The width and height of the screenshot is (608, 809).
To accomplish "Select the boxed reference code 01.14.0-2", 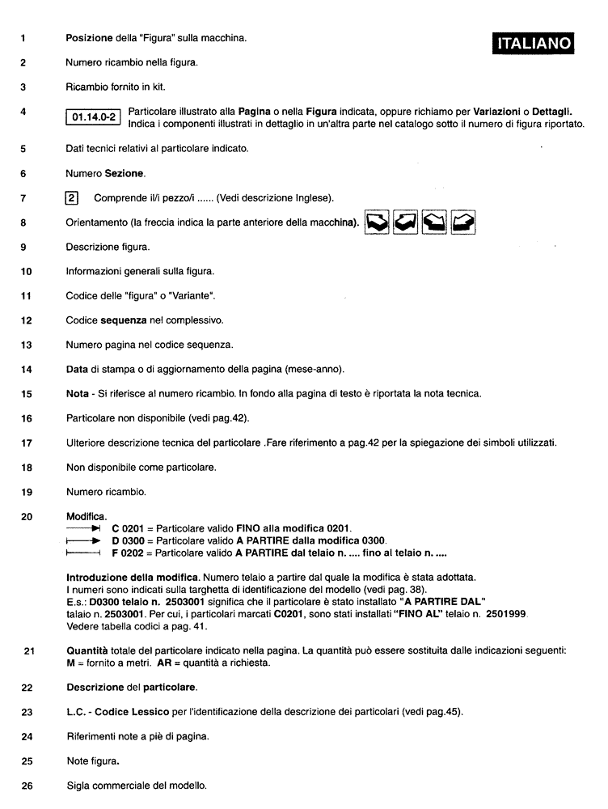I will click(x=94, y=117).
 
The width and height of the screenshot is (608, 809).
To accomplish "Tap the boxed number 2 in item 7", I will click(x=71, y=197).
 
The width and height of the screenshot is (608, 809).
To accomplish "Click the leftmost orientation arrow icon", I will click(x=378, y=221).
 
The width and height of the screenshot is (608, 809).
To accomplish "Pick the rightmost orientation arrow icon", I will click(x=462, y=221).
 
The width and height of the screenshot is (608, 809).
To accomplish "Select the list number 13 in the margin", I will click(x=26, y=345).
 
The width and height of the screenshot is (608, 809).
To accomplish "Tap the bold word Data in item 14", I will click(x=77, y=370).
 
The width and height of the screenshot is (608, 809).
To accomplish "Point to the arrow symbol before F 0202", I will click(x=83, y=553).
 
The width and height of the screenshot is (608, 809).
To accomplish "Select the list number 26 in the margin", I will click(x=26, y=785).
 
